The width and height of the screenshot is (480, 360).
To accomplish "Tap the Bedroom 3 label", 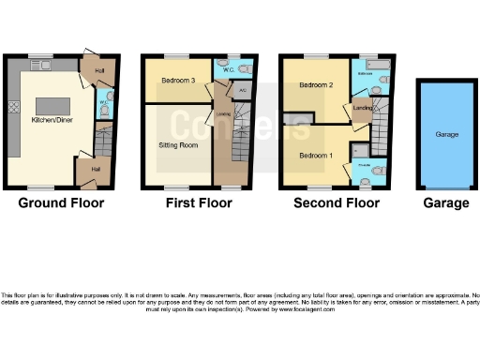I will [x=177, y=81].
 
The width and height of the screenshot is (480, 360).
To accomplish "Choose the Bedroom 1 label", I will [x=315, y=154].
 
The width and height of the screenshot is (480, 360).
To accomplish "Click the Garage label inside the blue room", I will [x=446, y=135].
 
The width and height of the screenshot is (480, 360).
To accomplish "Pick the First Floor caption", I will [x=200, y=202].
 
